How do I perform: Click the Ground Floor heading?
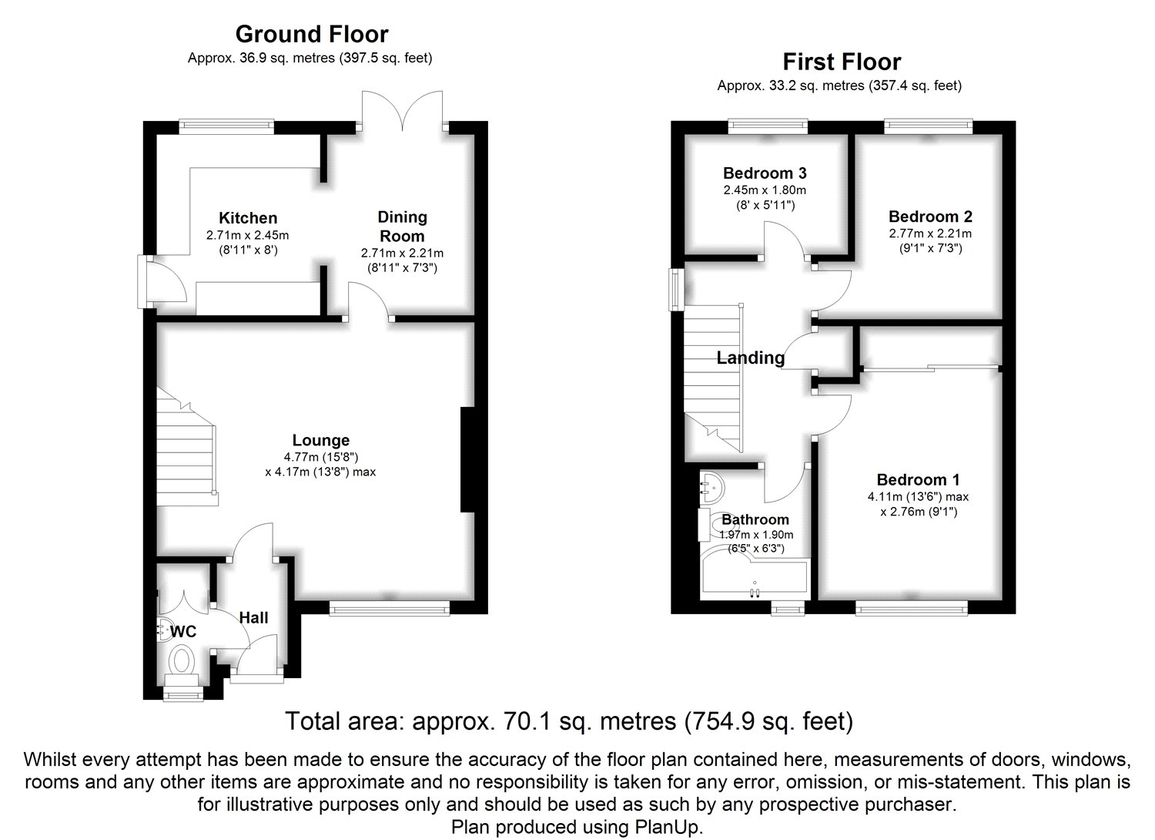(311, 35)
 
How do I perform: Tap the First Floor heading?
(842, 62)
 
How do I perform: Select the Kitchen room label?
(248, 218)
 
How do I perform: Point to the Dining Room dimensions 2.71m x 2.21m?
(402, 254)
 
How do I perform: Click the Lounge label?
(321, 440)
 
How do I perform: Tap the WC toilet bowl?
(182, 661)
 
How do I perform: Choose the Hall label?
(253, 617)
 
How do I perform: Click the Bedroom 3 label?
(765, 173)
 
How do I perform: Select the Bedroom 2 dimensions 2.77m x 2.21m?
(930, 234)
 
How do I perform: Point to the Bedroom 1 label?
(919, 480)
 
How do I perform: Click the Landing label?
(751, 358)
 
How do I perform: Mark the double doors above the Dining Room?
(402, 111)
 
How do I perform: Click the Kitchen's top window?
(226, 126)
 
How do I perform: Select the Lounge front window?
(390, 610)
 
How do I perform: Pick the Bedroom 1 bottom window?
(912, 610)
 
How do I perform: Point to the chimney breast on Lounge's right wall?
(467, 460)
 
